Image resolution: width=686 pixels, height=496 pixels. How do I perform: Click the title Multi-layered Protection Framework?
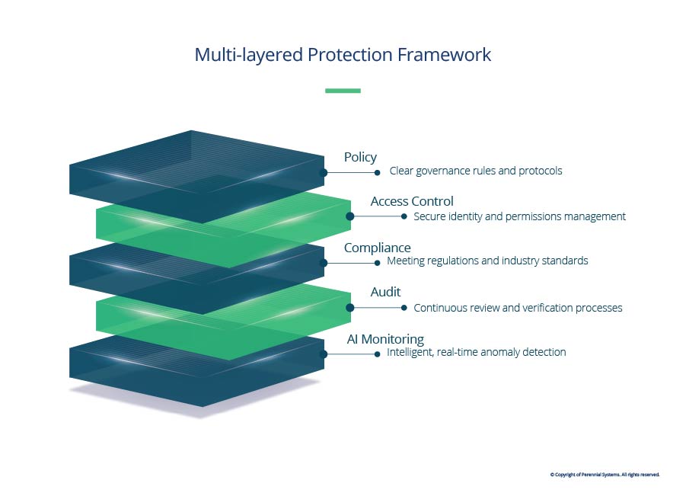pyautogui.click(x=343, y=55)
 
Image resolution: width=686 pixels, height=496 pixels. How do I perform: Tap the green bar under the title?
pyautogui.click(x=343, y=91)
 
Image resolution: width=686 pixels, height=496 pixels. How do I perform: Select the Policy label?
pyautogui.click(x=360, y=157)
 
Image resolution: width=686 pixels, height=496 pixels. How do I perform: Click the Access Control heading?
pyautogui.click(x=412, y=201)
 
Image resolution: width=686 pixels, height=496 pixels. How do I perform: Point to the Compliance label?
pyautogui.click(x=377, y=248)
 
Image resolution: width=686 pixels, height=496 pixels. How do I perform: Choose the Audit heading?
pyautogui.click(x=385, y=292)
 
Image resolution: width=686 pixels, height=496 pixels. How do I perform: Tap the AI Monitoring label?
pyautogui.click(x=385, y=339)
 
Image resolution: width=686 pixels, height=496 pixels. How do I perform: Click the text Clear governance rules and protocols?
pyautogui.click(x=476, y=171)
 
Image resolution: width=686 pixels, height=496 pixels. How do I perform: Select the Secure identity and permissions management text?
pyautogui.click(x=519, y=216)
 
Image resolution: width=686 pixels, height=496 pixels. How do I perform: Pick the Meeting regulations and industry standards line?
pyautogui.click(x=487, y=261)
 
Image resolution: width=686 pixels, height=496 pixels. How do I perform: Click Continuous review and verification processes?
pyautogui.click(x=518, y=308)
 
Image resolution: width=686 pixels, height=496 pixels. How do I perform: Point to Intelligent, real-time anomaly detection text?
pyautogui.click(x=476, y=352)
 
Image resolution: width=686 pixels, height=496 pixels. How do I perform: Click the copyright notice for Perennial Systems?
pyautogui.click(x=605, y=475)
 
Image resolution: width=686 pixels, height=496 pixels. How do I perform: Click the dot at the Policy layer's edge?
pyautogui.click(x=324, y=173)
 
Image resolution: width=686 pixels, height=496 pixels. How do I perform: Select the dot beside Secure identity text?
pyautogui.click(x=404, y=216)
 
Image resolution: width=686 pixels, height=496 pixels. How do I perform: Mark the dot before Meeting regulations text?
pyautogui.click(x=378, y=262)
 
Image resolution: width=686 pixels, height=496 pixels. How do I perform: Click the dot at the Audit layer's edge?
pyautogui.click(x=350, y=308)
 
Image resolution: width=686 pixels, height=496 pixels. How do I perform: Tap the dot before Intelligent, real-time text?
pyautogui.click(x=378, y=354)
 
